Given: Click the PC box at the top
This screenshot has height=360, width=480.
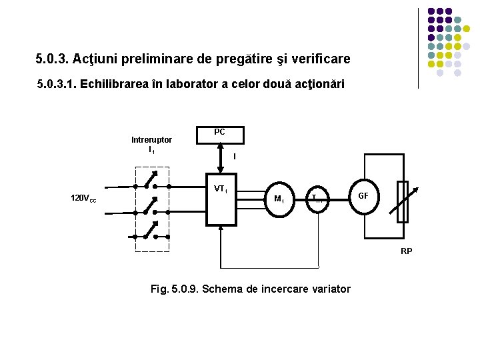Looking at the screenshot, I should [x=220, y=135].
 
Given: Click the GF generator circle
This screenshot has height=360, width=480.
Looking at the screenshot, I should [x=363, y=197].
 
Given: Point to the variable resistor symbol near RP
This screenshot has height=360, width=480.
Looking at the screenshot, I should [x=402, y=202].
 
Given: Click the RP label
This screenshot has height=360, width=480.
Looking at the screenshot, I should [x=407, y=251].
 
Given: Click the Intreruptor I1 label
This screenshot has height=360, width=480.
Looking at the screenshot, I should [x=152, y=144].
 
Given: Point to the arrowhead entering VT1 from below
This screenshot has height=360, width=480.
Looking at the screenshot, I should [x=221, y=229].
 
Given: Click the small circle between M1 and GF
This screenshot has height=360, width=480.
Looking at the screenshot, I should [x=319, y=198].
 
